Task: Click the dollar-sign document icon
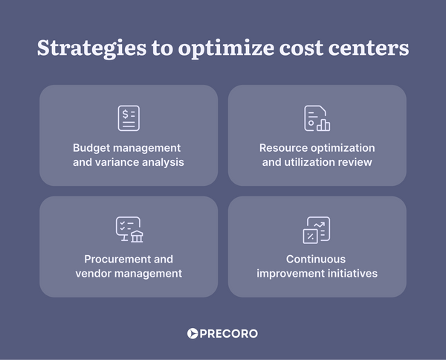pos(129,118)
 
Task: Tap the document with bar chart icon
pos(317,118)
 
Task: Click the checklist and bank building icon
pos(129,230)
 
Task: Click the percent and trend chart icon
pos(317,230)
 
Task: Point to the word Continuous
pos(317,260)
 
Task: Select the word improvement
pos(291,273)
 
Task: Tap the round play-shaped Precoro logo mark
pos(193,334)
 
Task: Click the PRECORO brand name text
pos(229,334)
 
